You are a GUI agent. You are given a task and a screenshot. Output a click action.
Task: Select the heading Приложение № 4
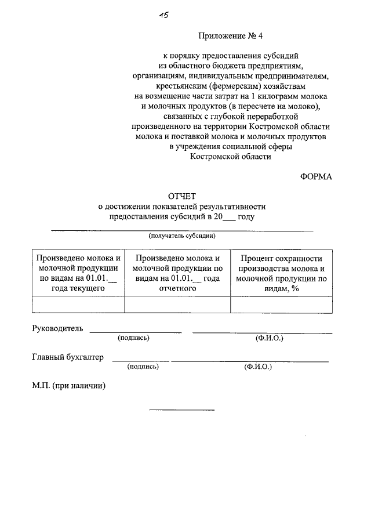230,36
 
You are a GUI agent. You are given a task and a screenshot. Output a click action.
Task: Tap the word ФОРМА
316,177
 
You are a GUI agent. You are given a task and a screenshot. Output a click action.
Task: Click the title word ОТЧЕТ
181,197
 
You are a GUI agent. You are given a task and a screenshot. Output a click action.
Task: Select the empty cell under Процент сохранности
281,305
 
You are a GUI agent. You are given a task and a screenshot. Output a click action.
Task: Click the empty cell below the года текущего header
78,305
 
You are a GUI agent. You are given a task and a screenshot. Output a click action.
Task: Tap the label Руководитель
57,328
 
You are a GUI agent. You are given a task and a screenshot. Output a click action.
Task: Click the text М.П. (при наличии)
68,386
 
